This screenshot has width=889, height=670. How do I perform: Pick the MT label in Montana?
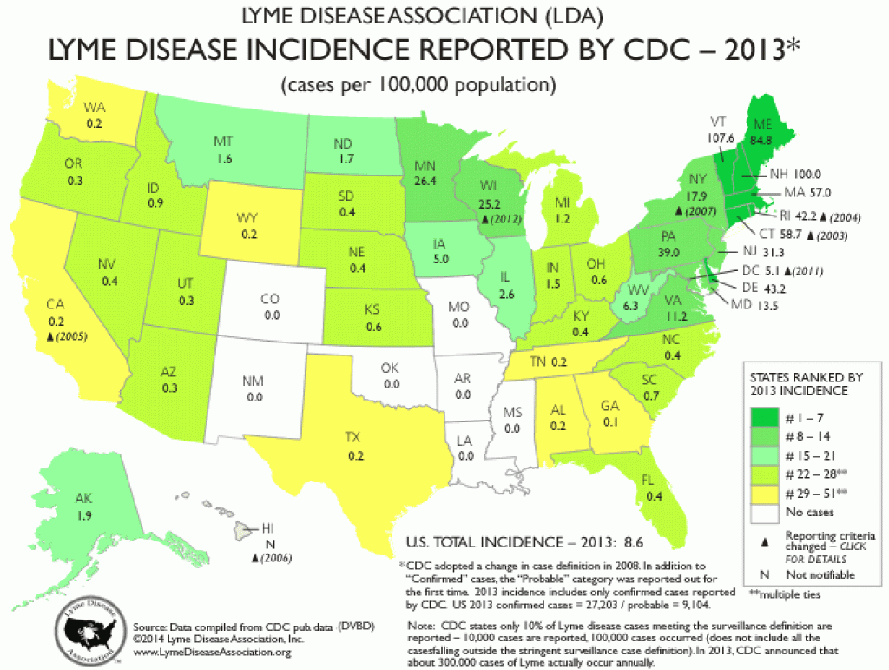(x=222, y=140)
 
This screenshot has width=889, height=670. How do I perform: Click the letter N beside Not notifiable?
(x=763, y=574)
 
